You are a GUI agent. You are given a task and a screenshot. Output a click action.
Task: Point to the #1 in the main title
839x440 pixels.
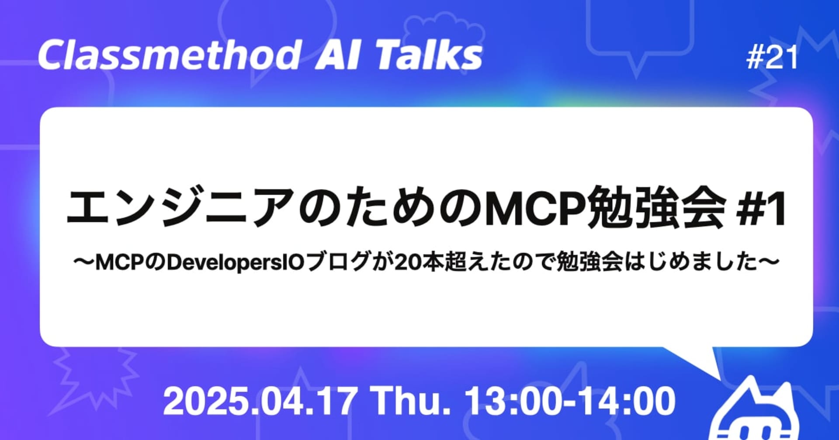point(761,208)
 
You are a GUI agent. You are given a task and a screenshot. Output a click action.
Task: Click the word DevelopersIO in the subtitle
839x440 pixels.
point(236,263)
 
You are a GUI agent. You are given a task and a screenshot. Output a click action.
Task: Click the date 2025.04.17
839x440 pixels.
point(260,402)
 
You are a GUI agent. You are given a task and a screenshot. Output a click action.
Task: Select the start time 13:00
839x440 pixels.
point(512,402)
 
